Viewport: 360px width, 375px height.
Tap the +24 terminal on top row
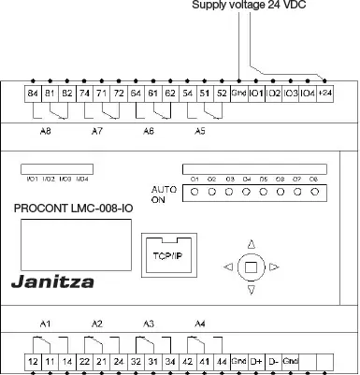[324, 94]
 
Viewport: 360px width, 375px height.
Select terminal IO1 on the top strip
[256, 94]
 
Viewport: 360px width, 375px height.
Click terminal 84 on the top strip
[33, 94]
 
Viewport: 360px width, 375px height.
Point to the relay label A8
[45, 132]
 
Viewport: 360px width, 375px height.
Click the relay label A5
[199, 132]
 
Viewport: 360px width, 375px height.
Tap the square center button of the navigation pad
[250, 267]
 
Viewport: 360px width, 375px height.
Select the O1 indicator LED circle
[194, 192]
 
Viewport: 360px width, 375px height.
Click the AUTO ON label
[163, 194]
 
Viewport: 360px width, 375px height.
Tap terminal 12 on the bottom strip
[33, 360]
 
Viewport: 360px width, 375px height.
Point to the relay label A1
[45, 324]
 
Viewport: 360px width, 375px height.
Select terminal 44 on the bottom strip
[222, 360]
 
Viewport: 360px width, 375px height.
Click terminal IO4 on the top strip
[308, 94]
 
